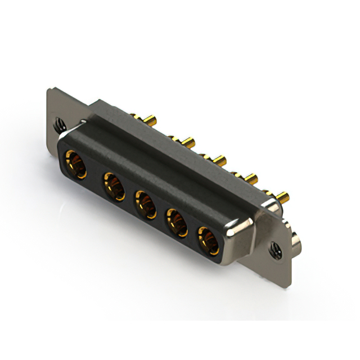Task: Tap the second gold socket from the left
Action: click(114, 186)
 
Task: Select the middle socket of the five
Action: click(145, 204)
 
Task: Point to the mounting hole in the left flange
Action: click(58, 121)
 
